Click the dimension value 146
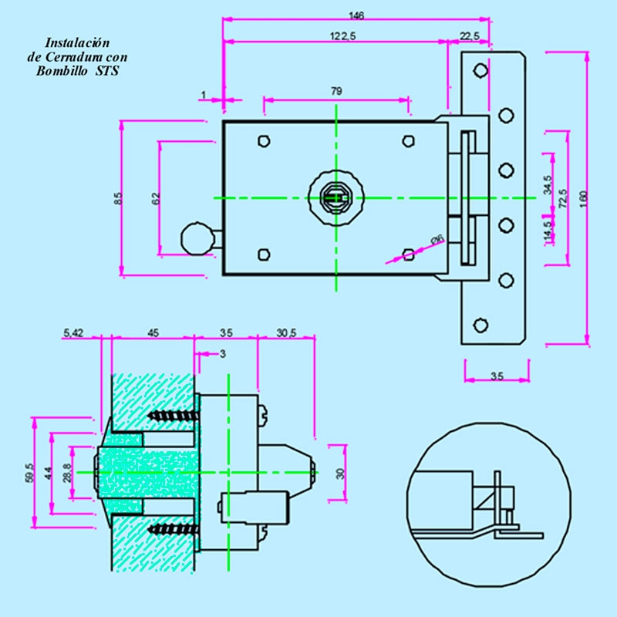pyautogui.click(x=356, y=15)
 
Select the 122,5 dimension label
pyautogui.click(x=337, y=35)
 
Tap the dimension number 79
pyautogui.click(x=336, y=91)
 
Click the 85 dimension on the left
pyautogui.click(x=118, y=198)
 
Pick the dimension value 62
pyautogui.click(x=156, y=198)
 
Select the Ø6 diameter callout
pyautogui.click(x=437, y=241)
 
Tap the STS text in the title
pyautogui.click(x=108, y=71)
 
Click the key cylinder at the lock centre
pyautogui.click(x=335, y=197)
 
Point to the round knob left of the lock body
pyautogui.click(x=195, y=238)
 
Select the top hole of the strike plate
pyautogui.click(x=480, y=71)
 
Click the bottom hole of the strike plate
pyautogui.click(x=480, y=325)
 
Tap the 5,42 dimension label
pyautogui.click(x=73, y=333)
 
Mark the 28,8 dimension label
pyautogui.click(x=67, y=473)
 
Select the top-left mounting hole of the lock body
pyautogui.click(x=264, y=141)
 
